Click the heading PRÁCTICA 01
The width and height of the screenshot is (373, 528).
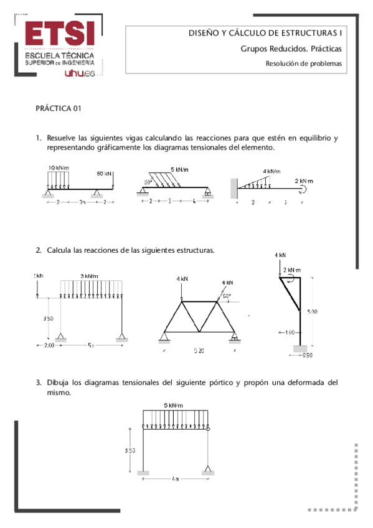point(59,108)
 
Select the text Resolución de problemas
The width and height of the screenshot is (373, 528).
point(304,63)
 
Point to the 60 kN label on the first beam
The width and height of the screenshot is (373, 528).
point(105,174)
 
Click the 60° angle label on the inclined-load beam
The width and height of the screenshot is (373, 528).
point(148,182)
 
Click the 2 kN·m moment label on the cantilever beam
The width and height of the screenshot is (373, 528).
point(305,181)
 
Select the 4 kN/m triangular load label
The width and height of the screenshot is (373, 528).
point(271,171)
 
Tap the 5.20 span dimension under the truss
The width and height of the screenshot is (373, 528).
point(199,351)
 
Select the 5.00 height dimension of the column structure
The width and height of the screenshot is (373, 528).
point(311,312)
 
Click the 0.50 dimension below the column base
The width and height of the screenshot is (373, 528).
point(307,356)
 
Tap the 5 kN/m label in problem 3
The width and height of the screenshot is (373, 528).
point(174,405)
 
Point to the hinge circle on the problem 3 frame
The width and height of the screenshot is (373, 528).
point(207,428)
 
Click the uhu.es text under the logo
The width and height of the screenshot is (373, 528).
point(79,73)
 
